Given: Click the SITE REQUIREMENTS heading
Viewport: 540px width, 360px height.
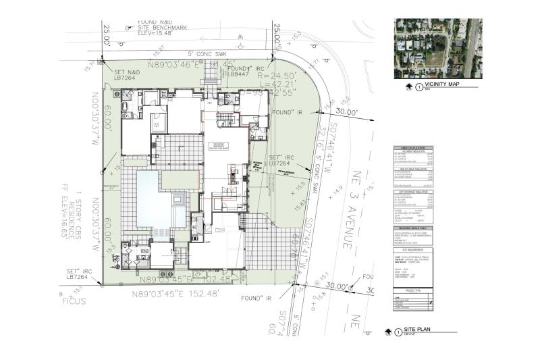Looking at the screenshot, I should click(411, 249).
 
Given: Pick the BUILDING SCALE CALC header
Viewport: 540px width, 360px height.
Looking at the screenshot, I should click(411, 230).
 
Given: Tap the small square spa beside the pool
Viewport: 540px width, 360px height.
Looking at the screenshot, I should click(178, 201).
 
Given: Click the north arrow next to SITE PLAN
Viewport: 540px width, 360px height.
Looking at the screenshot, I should click(388, 332).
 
